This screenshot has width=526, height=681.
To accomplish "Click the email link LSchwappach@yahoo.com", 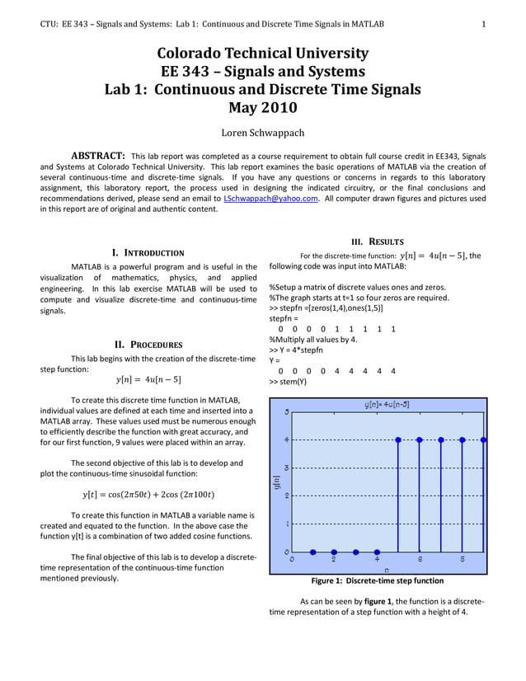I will (270, 199).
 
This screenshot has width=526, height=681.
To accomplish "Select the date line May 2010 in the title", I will (263, 107).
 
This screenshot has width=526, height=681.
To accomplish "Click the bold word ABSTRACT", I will (98, 156).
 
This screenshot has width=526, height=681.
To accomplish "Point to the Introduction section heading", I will (148, 252).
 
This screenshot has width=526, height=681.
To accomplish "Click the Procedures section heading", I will (148, 345).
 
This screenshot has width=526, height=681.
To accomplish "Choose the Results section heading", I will (377, 242).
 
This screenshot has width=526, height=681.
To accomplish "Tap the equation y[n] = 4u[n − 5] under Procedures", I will (148, 380).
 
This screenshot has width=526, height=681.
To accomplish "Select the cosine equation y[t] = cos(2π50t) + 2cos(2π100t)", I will (148, 495).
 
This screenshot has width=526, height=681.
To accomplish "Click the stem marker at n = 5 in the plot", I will (399, 440).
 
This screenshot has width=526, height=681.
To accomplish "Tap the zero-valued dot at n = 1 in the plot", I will (313, 552).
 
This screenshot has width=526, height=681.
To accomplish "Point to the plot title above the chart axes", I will (386, 405).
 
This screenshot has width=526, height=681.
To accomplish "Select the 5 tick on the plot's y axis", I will (286, 412).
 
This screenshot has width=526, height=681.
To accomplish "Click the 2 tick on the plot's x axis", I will (334, 559).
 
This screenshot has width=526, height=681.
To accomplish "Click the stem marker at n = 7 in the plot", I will (441, 440).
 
